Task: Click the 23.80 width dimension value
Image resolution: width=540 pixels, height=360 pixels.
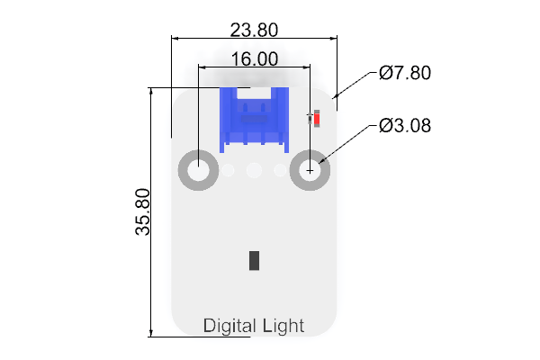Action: click(254, 30)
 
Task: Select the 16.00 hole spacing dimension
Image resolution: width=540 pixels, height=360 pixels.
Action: click(255, 58)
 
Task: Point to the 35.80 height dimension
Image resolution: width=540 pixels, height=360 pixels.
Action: click(142, 211)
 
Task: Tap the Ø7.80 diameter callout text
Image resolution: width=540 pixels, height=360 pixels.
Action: click(405, 73)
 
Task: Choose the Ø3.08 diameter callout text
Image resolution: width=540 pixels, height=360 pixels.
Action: click(405, 125)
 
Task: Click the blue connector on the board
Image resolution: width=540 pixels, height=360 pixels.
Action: click(254, 120)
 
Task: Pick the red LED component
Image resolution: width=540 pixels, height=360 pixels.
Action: click(317, 119)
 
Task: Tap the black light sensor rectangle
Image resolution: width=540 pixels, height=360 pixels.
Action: click(254, 260)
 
